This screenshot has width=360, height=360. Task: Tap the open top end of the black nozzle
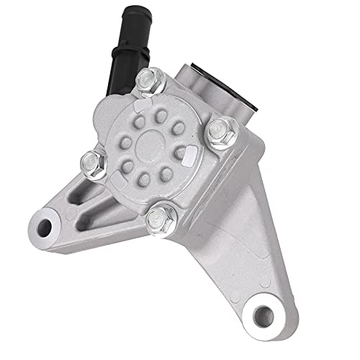[x=117, y=9]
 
